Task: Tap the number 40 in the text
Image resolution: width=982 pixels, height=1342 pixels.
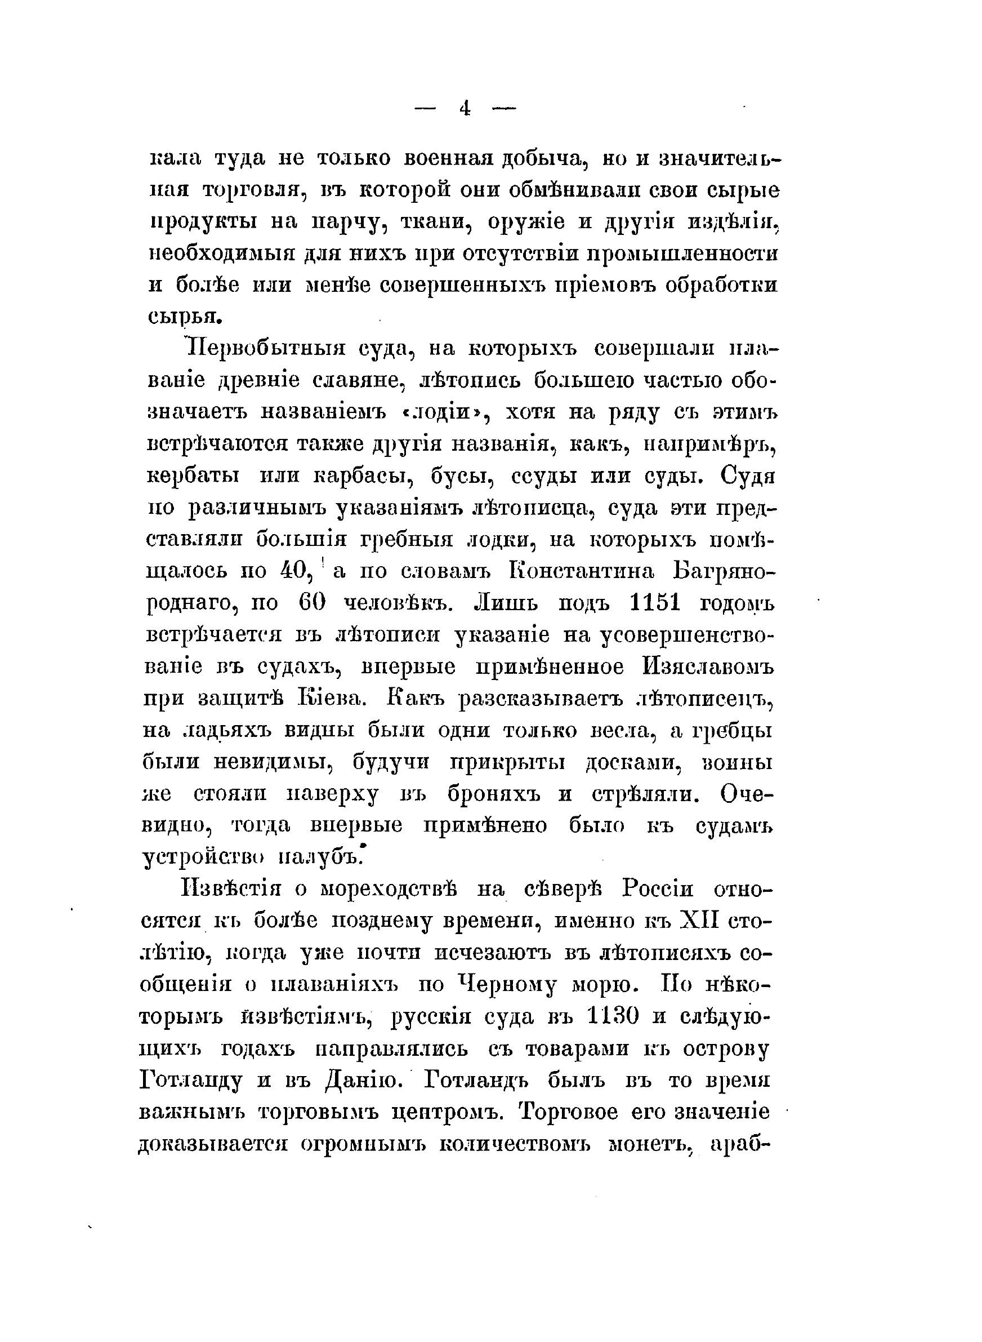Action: (x=294, y=571)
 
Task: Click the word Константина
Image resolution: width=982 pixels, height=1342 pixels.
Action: (x=583, y=571)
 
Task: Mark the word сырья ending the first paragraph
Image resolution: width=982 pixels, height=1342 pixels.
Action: (x=184, y=315)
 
